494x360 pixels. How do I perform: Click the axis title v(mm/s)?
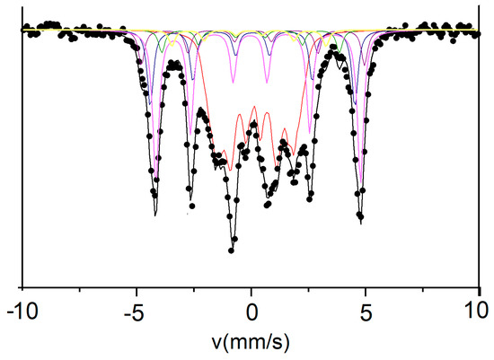tap(251, 343)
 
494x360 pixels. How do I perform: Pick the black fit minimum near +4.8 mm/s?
tap(361, 221)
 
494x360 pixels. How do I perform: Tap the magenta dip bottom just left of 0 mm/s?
tap(233, 83)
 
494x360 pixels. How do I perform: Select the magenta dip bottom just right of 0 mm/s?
tap(267, 83)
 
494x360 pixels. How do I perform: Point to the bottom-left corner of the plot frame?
tap(22, 287)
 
